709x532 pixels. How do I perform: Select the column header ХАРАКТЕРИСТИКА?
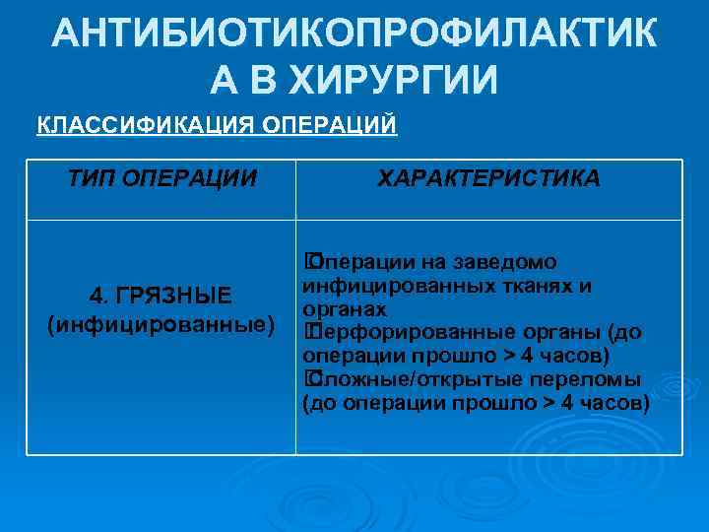(488, 177)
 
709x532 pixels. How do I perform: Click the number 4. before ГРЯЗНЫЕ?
(99, 296)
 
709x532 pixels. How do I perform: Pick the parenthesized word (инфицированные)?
(161, 324)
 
